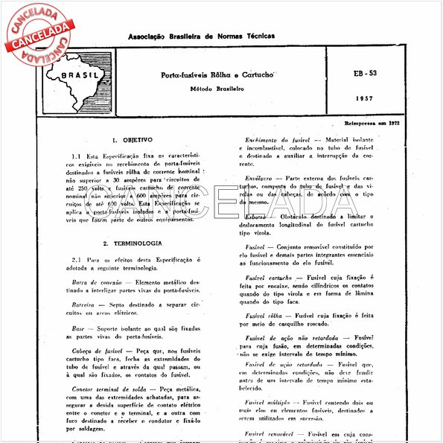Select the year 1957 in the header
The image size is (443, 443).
pyautogui.click(x=366, y=98)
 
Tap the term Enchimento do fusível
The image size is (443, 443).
pyautogui.click(x=276, y=139)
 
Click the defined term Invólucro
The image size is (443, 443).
pyautogui.click(x=260, y=179)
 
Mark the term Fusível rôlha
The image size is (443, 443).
pyautogui.click(x=262, y=315)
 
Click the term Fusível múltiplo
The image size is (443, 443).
pyautogui.click(x=267, y=401)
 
